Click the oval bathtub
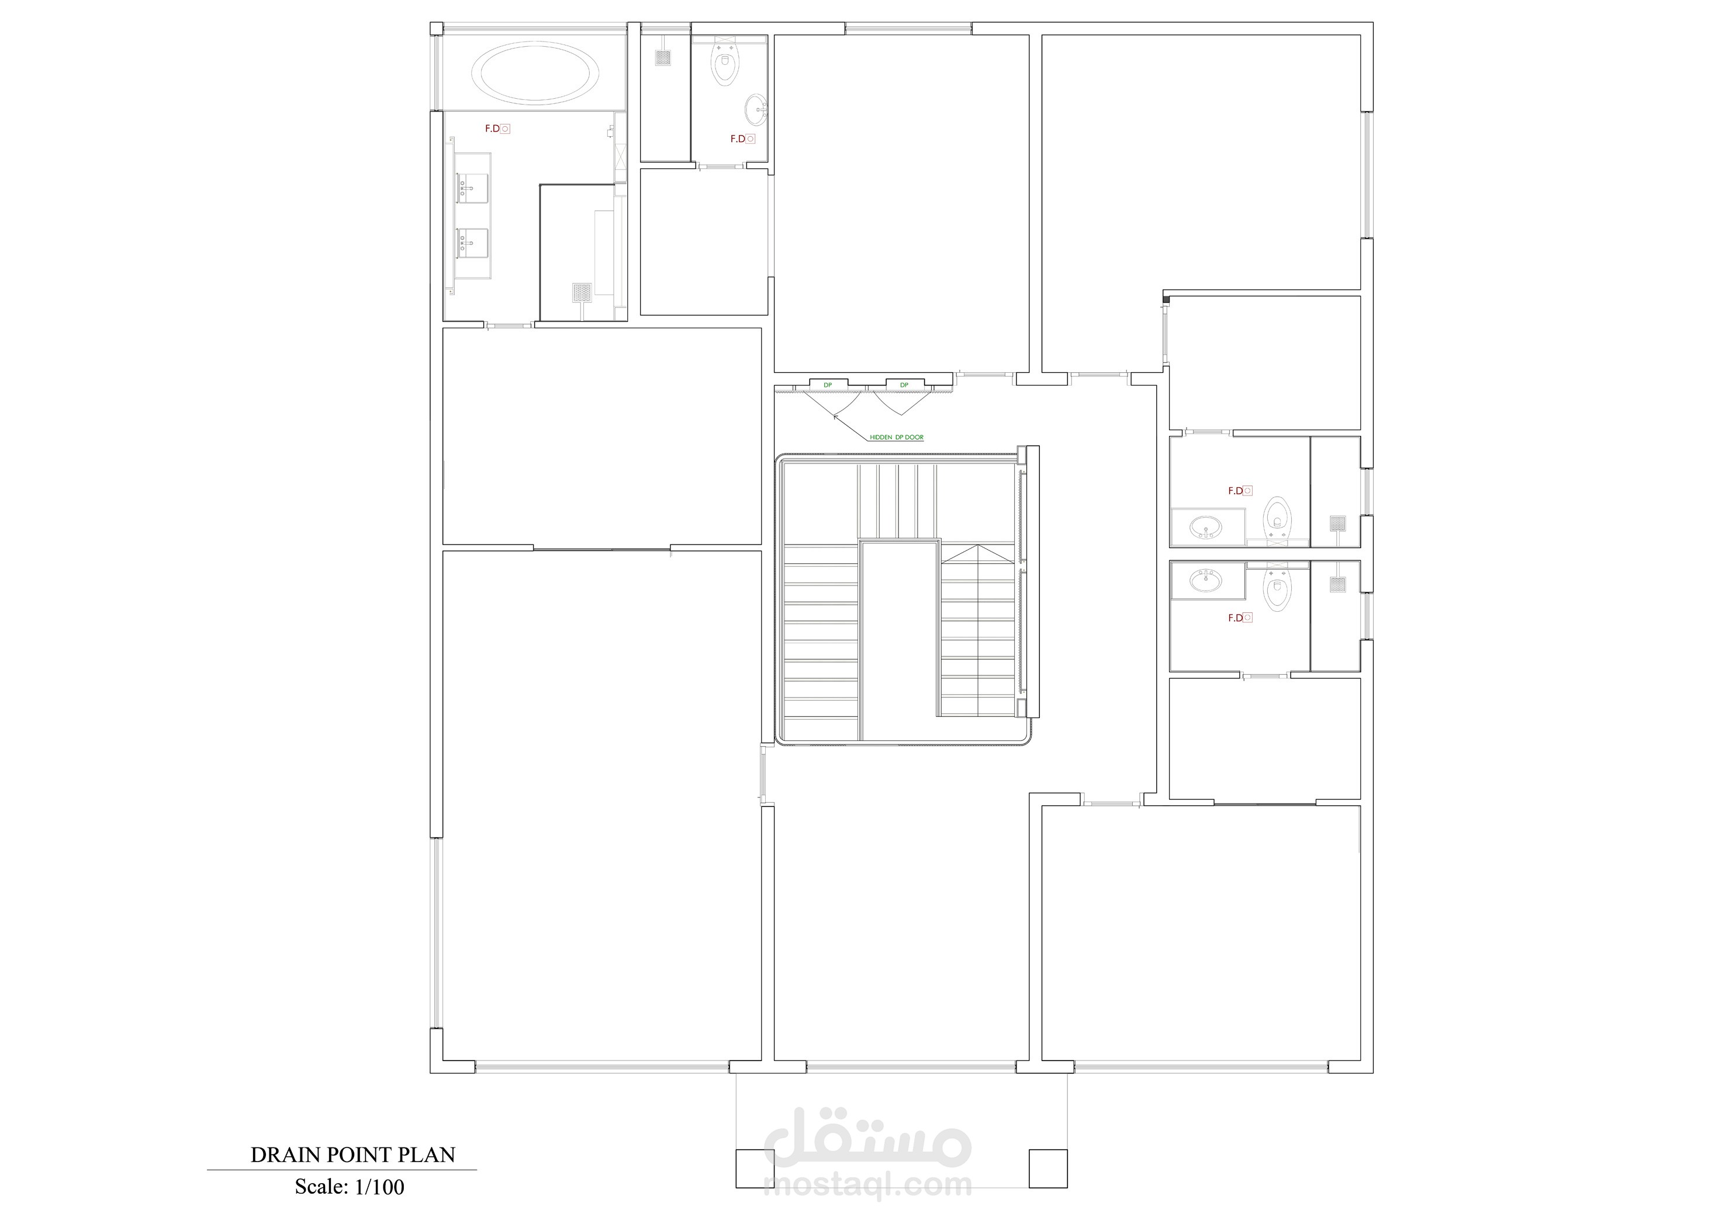pyautogui.click(x=535, y=72)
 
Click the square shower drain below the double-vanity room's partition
pyautogui.click(x=582, y=292)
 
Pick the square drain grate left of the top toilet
pyautogui.click(x=663, y=57)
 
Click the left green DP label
pyautogui.click(x=828, y=385)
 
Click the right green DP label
pyautogui.click(x=904, y=385)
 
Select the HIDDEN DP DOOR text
pyautogui.click(x=896, y=437)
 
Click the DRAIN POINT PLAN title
pyautogui.click(x=353, y=1155)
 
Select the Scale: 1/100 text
pyautogui.click(x=350, y=1187)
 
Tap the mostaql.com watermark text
pyautogui.click(x=868, y=1185)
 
